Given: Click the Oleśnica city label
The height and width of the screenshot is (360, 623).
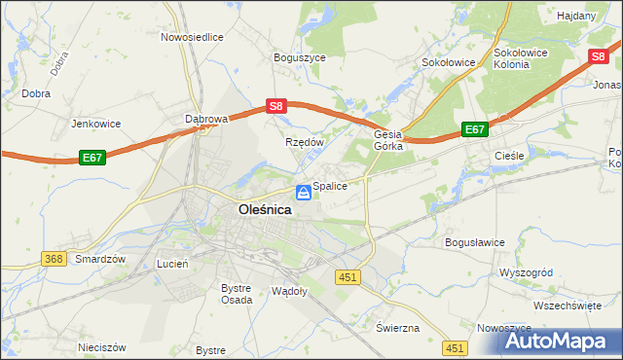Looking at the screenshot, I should (x=265, y=209).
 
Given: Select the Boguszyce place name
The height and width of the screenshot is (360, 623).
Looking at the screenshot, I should (x=299, y=57).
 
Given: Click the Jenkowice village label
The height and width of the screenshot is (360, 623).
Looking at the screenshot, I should (x=94, y=124).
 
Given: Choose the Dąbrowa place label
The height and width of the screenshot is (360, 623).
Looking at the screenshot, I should (x=205, y=119).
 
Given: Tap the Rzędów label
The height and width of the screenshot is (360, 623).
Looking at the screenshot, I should (x=304, y=141).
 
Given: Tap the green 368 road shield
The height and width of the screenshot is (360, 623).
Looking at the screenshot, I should (x=54, y=259).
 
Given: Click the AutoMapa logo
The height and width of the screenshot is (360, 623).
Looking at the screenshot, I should (x=553, y=341).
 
